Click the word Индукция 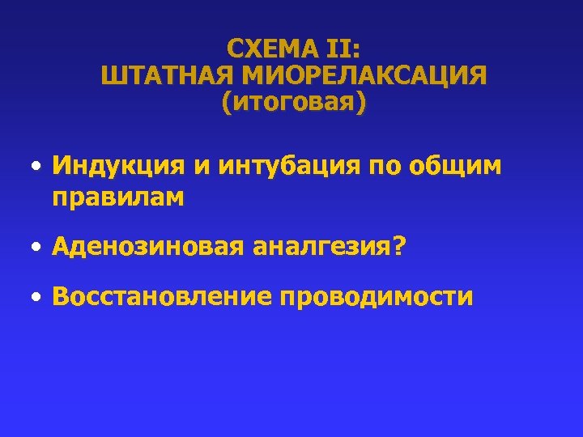(x=117, y=167)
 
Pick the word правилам (x=118, y=197)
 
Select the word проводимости (x=377, y=297)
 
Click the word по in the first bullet (x=387, y=167)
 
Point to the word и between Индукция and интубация (x=200, y=168)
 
